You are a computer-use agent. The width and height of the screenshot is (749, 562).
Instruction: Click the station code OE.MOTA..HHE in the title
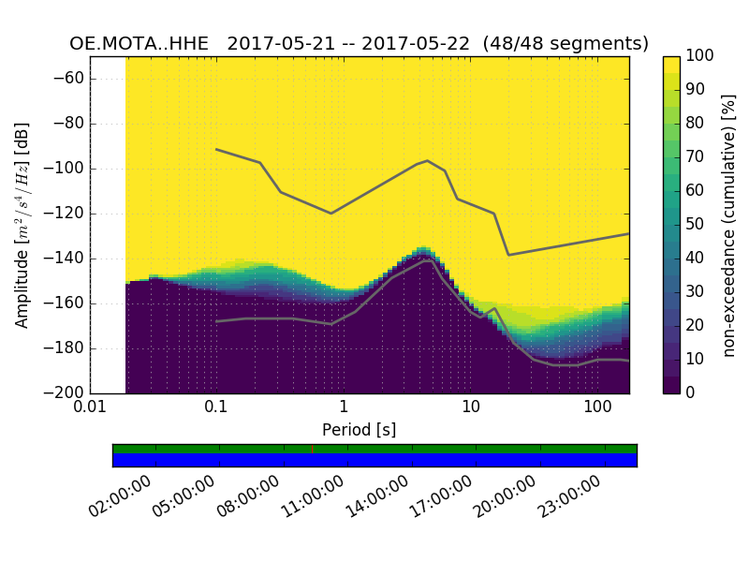(143, 44)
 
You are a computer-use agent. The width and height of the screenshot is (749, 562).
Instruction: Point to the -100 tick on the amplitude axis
(67, 169)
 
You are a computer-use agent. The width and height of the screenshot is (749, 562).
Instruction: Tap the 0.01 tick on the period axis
(90, 407)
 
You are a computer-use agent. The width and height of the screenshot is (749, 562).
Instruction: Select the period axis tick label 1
(344, 407)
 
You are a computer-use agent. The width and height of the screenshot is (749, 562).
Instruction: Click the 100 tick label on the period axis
(597, 407)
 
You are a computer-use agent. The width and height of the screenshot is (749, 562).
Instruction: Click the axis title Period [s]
(359, 430)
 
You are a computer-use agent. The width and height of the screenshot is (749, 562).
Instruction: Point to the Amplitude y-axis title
(22, 225)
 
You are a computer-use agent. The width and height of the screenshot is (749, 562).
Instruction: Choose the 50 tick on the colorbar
(694, 225)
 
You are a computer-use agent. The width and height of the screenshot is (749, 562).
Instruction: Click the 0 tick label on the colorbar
(689, 392)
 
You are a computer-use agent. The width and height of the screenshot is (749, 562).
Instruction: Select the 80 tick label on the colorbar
(694, 124)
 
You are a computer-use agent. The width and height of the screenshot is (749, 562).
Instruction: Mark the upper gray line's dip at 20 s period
(508, 255)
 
